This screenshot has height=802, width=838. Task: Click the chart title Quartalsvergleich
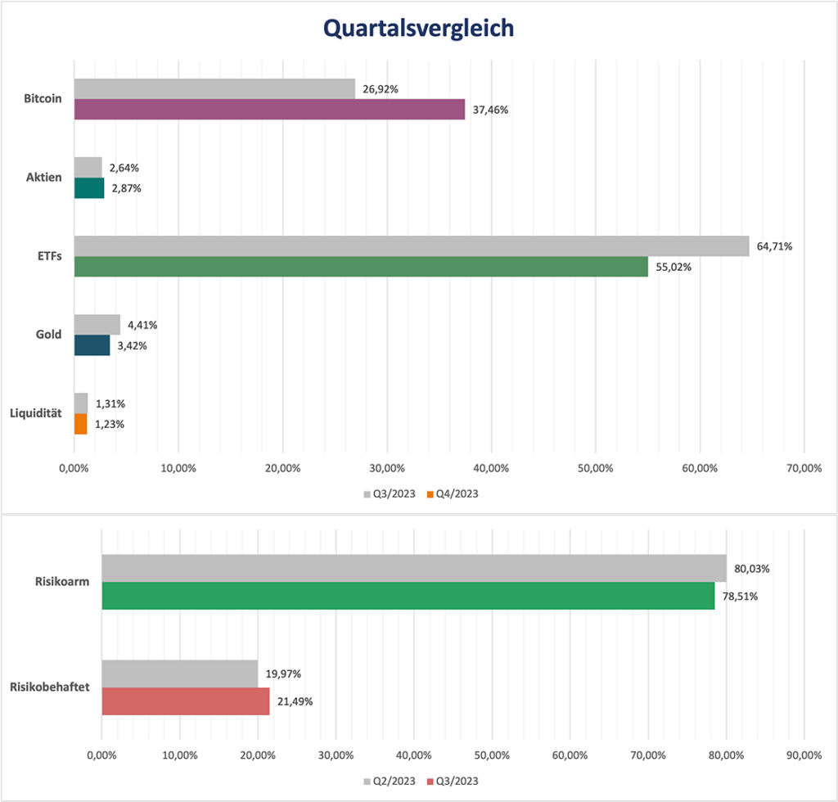[418, 28]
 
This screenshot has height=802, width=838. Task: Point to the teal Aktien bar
[89, 188]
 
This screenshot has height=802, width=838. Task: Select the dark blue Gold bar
[92, 345]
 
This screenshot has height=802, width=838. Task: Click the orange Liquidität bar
[80, 424]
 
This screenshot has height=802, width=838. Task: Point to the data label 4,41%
[142, 325]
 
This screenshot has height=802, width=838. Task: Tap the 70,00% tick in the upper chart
[803, 468]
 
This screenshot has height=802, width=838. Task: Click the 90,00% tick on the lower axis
[803, 754]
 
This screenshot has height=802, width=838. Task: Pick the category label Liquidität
[34, 414]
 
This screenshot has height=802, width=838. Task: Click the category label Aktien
[43, 178]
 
